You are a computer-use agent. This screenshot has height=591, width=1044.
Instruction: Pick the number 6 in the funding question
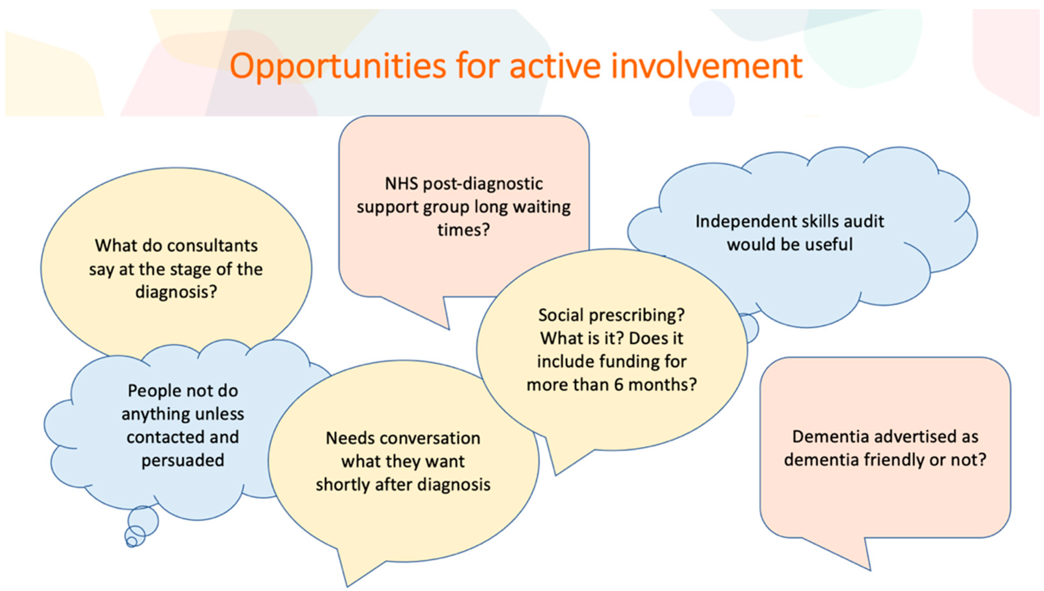click(x=619, y=385)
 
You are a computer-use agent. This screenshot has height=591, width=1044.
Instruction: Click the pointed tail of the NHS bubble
click(x=449, y=329)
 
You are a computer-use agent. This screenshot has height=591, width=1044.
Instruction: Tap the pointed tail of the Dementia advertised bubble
click(x=870, y=570)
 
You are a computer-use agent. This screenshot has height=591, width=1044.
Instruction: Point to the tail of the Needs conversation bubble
click(x=348, y=586)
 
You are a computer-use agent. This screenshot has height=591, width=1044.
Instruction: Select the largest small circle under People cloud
click(x=143, y=521)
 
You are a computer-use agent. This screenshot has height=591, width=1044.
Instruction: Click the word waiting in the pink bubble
click(x=542, y=208)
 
